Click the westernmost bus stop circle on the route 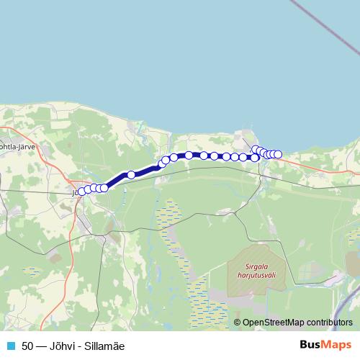pos(80,192)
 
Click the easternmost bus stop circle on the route pos(278,154)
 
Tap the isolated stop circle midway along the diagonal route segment pos(131,174)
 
